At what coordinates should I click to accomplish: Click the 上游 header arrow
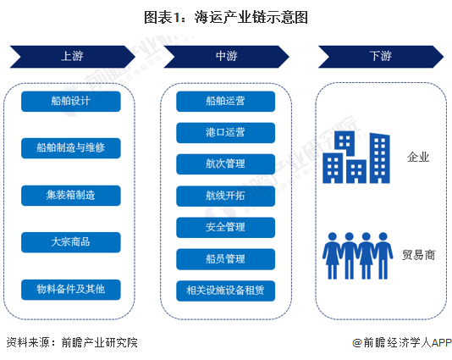tap(73, 57)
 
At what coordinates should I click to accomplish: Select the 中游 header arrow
tap(227, 57)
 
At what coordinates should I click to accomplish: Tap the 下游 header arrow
tap(381, 57)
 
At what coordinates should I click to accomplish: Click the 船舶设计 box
tap(71, 102)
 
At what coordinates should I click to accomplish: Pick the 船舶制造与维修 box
tap(71, 148)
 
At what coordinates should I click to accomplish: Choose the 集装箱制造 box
tap(71, 196)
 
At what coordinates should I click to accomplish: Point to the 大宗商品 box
tap(71, 242)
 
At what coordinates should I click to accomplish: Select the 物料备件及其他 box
tap(71, 290)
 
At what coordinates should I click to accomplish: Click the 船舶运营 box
tap(226, 102)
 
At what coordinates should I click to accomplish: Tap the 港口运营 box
tap(226, 133)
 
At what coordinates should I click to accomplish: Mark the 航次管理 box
tap(226, 164)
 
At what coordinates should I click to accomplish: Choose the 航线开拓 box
tap(226, 196)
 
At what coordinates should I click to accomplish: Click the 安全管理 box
tap(226, 227)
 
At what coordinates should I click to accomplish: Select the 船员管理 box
tap(226, 259)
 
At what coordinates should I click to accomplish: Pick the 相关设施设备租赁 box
tap(226, 291)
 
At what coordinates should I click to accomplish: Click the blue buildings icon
tap(356, 158)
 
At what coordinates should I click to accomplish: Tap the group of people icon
tap(357, 256)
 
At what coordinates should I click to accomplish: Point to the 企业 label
tap(418, 158)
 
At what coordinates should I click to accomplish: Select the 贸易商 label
tap(418, 255)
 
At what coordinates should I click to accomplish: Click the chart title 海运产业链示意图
tap(251, 17)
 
